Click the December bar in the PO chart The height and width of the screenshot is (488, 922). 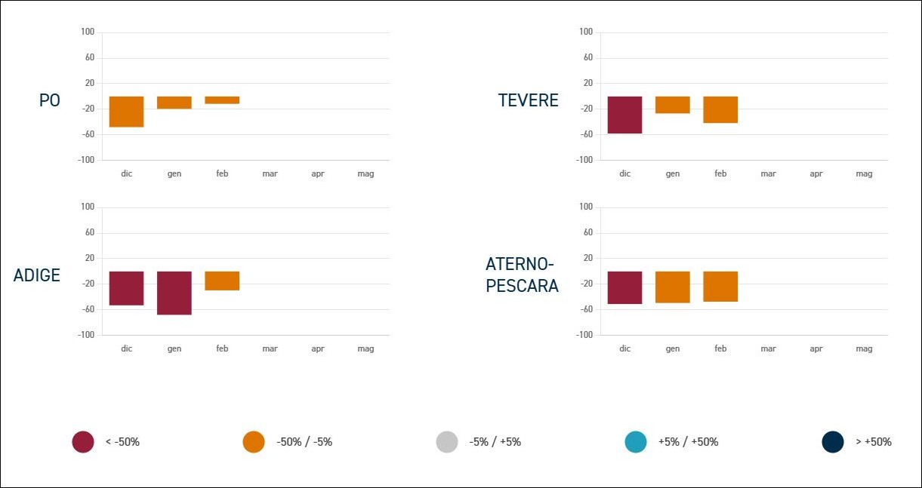[126, 112]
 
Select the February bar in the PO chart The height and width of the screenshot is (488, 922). [222, 100]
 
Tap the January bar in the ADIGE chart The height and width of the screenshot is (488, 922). [174, 293]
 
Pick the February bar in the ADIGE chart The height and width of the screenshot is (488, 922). [222, 281]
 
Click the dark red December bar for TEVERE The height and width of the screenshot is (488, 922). [624, 115]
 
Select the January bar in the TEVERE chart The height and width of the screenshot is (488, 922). [672, 105]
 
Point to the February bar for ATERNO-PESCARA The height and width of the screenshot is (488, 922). [720, 287]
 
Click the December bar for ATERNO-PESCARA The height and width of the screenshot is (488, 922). [624, 287]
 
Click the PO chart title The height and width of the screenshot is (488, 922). [50, 100]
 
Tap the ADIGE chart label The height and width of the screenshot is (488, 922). [37, 275]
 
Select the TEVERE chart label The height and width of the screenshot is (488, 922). [529, 100]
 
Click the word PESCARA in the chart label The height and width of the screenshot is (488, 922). [523, 286]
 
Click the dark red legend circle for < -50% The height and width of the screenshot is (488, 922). [83, 442]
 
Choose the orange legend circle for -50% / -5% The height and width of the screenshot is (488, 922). [254, 442]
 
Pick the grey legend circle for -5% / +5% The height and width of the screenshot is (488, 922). [447, 442]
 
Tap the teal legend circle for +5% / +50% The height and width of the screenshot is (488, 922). [636, 442]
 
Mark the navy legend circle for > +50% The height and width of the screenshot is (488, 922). [833, 442]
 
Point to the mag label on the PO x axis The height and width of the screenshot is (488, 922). [365, 174]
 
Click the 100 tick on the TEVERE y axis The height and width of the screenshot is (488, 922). [586, 32]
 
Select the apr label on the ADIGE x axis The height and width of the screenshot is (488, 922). [318, 349]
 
